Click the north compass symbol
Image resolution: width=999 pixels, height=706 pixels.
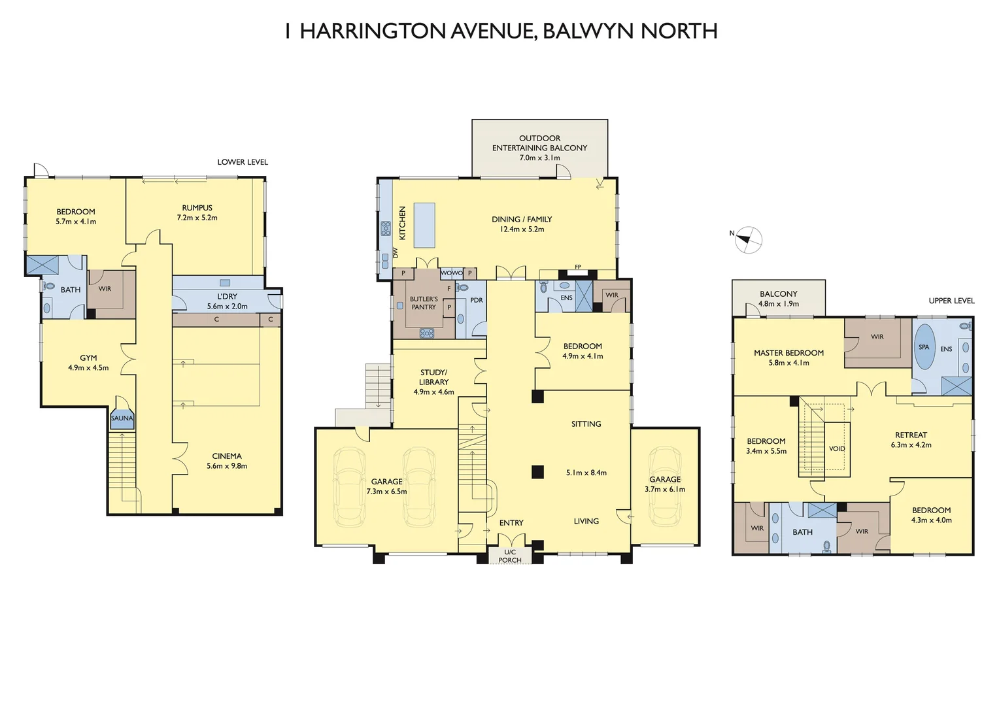click(x=748, y=240)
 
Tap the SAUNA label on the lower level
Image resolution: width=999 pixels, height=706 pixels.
click(x=122, y=418)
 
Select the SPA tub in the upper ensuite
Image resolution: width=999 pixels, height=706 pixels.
click(x=924, y=347)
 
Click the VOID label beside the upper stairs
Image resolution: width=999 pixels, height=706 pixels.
click(x=837, y=448)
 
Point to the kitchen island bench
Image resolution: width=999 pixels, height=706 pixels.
click(x=424, y=224)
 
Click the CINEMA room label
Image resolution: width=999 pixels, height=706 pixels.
click(x=227, y=456)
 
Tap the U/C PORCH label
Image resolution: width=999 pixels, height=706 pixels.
click(x=510, y=556)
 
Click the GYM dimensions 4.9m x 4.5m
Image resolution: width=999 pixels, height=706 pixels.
click(x=88, y=368)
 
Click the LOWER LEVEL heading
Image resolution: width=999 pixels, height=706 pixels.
click(x=243, y=162)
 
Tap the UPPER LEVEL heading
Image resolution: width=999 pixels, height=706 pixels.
click(x=951, y=301)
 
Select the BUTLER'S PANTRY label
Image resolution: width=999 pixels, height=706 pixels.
click(x=424, y=303)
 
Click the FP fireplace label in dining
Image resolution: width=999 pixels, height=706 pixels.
click(x=578, y=267)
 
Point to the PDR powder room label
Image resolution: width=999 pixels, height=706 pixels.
click(x=477, y=300)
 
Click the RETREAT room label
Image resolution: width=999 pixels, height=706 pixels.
click(x=911, y=435)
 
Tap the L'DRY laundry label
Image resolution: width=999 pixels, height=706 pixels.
click(x=228, y=296)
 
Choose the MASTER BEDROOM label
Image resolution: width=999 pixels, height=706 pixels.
click(x=788, y=353)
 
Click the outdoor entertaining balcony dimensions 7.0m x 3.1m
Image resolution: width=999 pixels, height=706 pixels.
click(x=539, y=158)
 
